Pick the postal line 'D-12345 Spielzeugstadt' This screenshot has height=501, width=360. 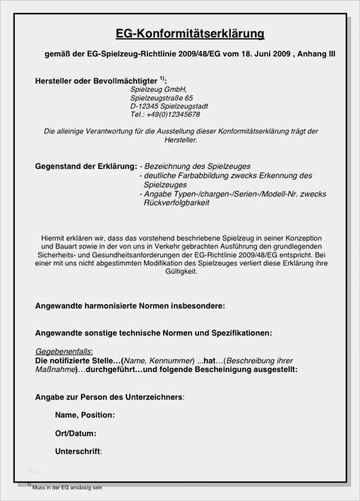(169, 107)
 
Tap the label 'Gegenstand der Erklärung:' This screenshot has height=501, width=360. (86, 166)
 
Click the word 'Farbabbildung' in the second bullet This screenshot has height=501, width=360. (206, 175)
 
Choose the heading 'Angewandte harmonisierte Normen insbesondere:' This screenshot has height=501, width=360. (130, 307)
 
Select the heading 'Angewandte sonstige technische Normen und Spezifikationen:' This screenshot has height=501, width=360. (154, 333)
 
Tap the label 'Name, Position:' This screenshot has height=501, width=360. (85, 415)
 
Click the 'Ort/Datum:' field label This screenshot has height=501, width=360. (75, 433)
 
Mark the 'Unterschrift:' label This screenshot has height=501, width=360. (79, 451)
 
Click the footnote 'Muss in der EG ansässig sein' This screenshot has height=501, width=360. (67, 488)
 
